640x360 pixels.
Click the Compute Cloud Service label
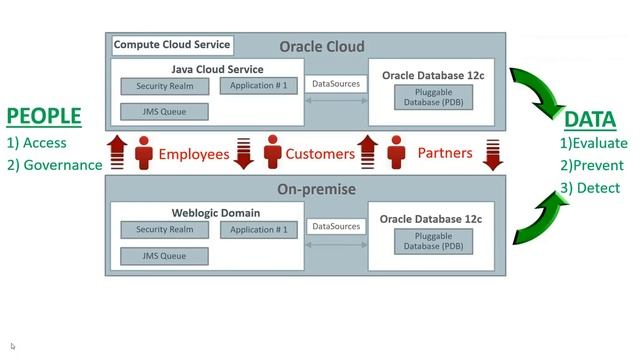coord(171,44)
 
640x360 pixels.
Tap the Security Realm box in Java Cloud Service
coord(165,86)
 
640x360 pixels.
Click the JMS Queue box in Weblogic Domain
coord(165,256)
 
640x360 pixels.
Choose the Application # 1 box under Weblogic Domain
coord(258,230)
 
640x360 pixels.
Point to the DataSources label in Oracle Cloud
coord(336,84)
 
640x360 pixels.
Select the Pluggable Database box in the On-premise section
coord(431,241)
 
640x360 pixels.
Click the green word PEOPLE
coord(44,117)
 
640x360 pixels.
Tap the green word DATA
coord(589,120)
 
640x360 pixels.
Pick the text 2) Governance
coord(55,165)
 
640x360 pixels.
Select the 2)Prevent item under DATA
coord(591,165)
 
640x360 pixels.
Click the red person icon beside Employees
coord(142,153)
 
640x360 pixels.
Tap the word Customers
coord(320,154)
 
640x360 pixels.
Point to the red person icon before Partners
coord(398,153)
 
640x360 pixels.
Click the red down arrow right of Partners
coord(493,154)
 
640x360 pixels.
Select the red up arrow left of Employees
coord(117,153)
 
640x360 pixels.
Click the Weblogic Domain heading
coord(216,213)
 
